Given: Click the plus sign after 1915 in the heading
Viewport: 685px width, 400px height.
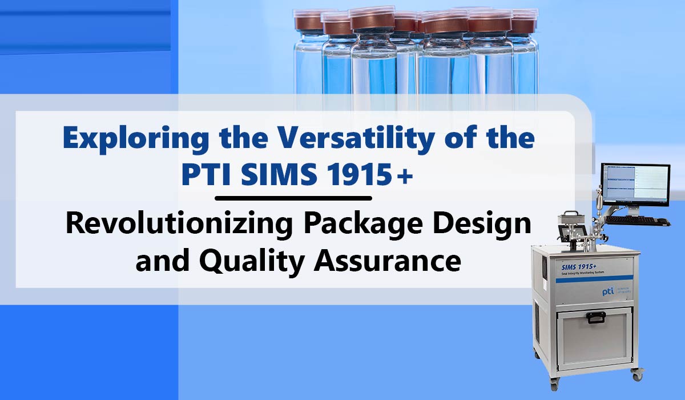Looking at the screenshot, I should pos(406,177).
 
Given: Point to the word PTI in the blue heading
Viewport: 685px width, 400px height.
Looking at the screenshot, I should pos(204,175).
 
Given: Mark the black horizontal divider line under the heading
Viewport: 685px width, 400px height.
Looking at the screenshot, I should pos(293,198).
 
